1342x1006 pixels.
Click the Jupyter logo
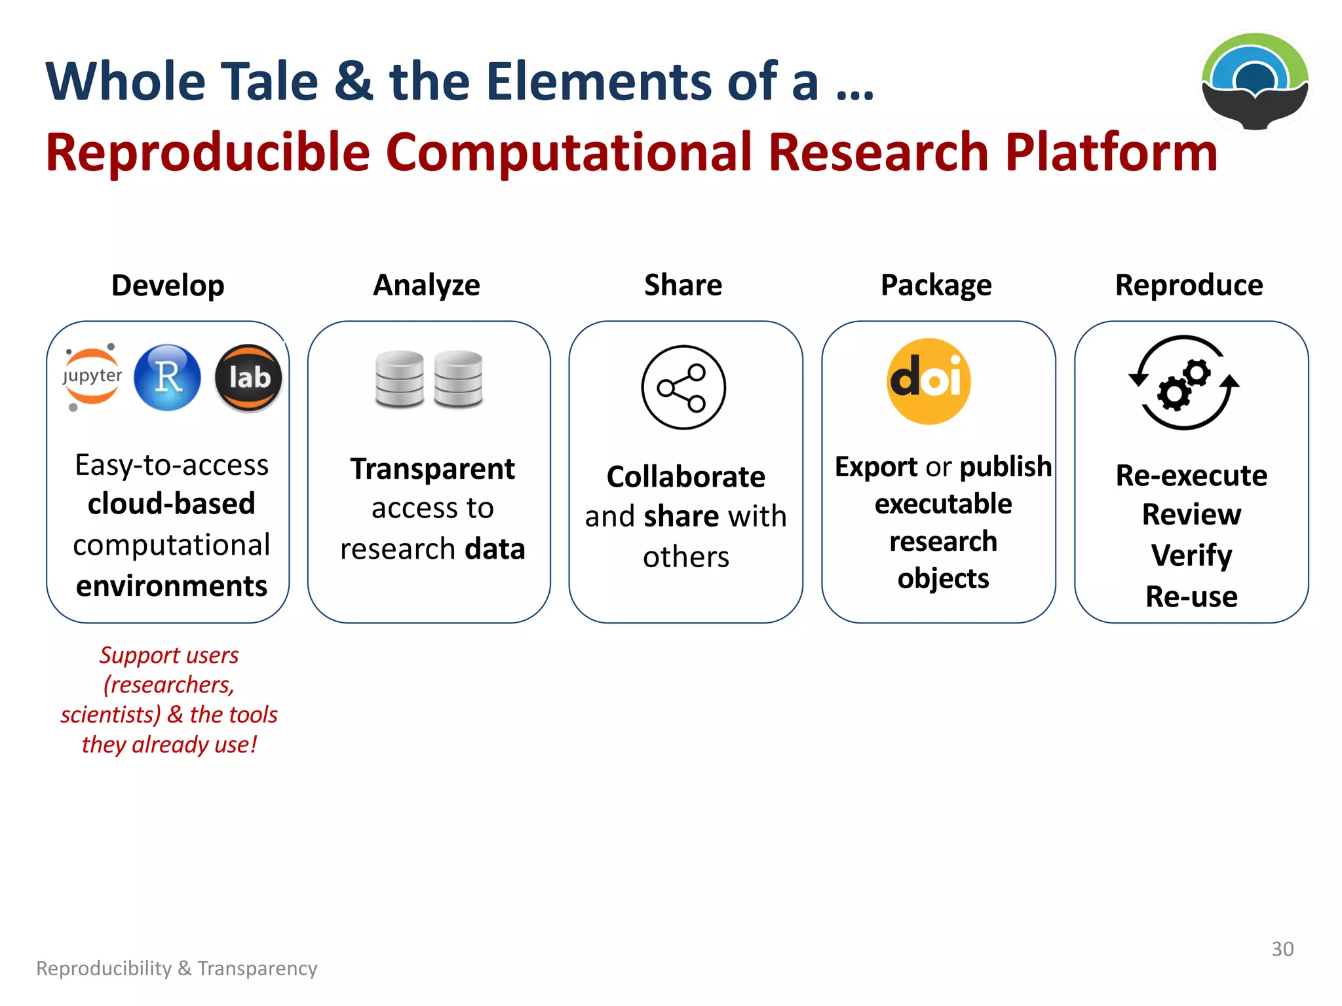92,377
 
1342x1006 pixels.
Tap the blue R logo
168,377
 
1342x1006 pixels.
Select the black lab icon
248,378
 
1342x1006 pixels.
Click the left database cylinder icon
399,379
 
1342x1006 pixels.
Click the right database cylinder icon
458,379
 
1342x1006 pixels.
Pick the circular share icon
683,387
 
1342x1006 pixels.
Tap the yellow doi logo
929,381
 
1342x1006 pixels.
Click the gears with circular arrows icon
1183,383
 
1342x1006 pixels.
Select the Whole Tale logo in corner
1255,81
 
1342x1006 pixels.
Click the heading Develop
168,286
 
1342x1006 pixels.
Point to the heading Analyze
427,286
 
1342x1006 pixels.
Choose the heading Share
683,285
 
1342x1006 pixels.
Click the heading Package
936,286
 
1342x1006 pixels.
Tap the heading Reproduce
1189,286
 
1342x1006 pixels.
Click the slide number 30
1282,949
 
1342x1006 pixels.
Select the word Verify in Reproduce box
1191,555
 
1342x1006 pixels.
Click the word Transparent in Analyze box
432,469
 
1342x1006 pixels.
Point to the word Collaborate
685,477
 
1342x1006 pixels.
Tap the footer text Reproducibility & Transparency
177,968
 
